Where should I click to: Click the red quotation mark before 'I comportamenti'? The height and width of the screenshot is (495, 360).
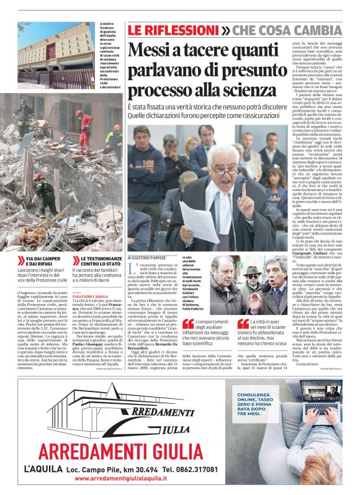(x=187, y=324)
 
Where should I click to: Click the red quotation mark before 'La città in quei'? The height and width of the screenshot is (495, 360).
(x=243, y=324)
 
